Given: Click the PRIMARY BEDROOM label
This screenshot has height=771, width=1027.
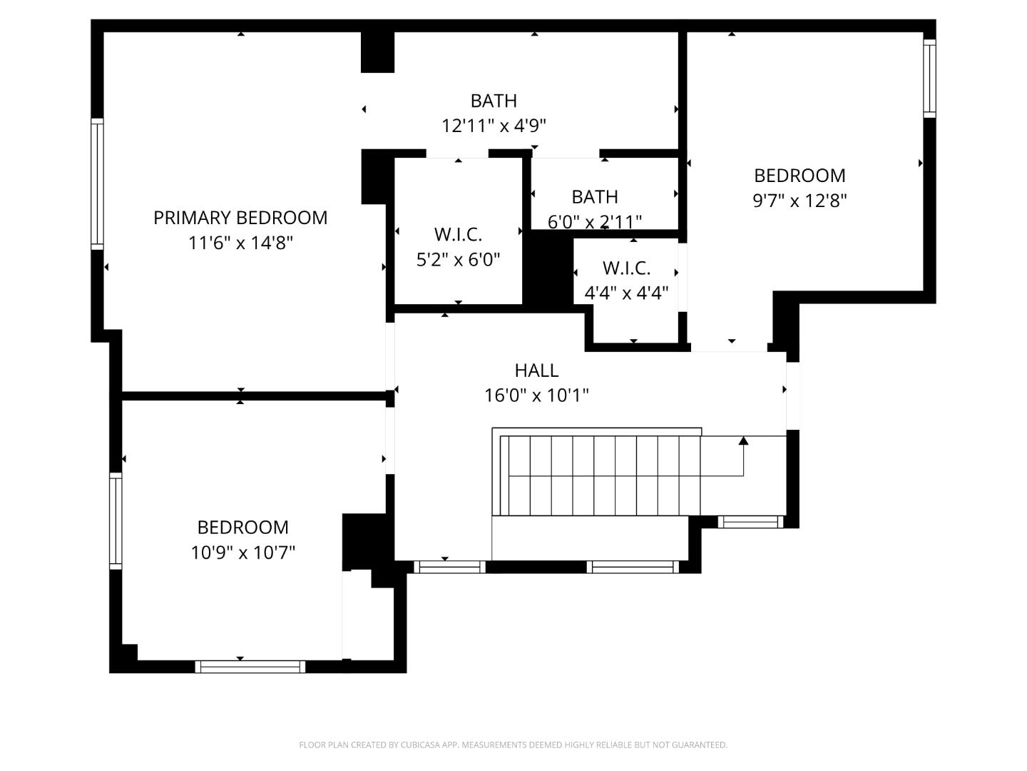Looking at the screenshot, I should (x=240, y=218).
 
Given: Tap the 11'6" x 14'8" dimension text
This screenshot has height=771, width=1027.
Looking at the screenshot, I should (x=240, y=243).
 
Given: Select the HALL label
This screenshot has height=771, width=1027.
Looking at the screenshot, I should (x=536, y=370).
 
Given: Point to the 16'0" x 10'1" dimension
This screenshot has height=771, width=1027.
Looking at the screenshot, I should (x=536, y=395).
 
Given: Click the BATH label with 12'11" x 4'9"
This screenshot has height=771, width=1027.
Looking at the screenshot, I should (x=494, y=101).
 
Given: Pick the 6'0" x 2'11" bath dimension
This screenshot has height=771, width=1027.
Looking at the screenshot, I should (x=594, y=222).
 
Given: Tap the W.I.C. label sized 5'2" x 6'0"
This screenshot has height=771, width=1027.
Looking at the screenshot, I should (x=458, y=234).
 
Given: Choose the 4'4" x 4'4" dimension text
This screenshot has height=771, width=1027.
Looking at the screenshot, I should (x=626, y=293).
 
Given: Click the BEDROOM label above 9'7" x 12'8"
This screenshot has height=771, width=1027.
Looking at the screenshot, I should (x=799, y=176).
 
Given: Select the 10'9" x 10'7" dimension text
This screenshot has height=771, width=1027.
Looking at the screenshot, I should (x=242, y=553).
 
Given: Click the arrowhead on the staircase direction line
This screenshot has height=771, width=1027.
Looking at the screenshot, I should (x=743, y=440).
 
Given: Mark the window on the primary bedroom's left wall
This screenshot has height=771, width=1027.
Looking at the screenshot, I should (x=97, y=183).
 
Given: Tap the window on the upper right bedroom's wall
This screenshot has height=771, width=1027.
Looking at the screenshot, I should (x=929, y=78).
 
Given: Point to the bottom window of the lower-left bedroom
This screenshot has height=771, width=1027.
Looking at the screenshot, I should (x=250, y=667).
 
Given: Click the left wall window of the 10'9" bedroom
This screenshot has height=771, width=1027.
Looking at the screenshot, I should (x=116, y=520).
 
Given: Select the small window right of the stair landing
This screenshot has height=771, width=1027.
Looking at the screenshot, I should (x=750, y=523).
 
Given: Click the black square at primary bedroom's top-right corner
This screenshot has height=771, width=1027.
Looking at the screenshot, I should (x=377, y=52).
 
